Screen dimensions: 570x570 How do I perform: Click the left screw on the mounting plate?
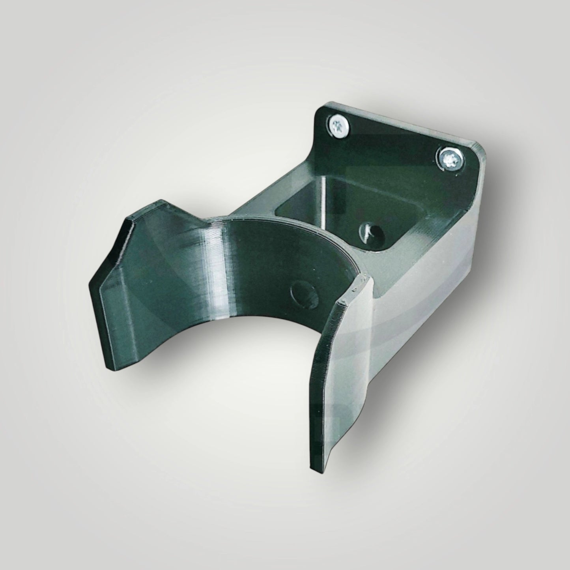338,126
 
